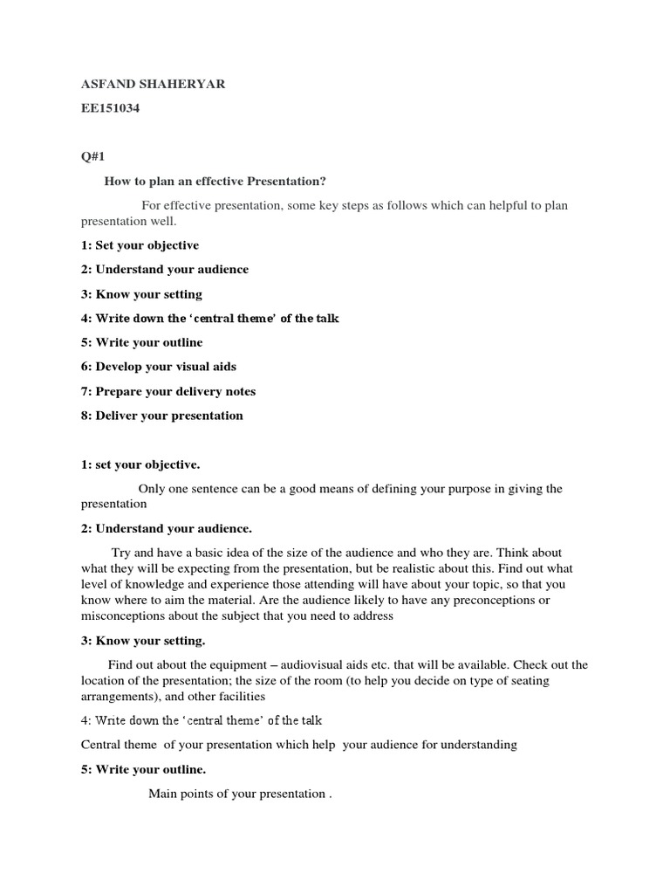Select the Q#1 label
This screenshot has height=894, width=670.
pos(92,156)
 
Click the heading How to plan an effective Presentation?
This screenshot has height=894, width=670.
pos(215,181)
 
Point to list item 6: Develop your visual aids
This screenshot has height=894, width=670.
pos(159,367)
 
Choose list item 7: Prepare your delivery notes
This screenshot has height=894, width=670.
pos(168,391)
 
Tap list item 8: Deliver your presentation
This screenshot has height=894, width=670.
pos(162,416)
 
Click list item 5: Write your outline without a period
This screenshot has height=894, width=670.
pos(141,342)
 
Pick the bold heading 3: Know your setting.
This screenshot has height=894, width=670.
pos(143,641)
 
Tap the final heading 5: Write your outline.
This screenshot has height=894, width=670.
pos(143,769)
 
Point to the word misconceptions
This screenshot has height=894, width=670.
pos(120,616)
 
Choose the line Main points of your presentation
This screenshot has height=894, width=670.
pos(240,794)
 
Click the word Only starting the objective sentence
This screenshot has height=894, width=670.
pos(152,489)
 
